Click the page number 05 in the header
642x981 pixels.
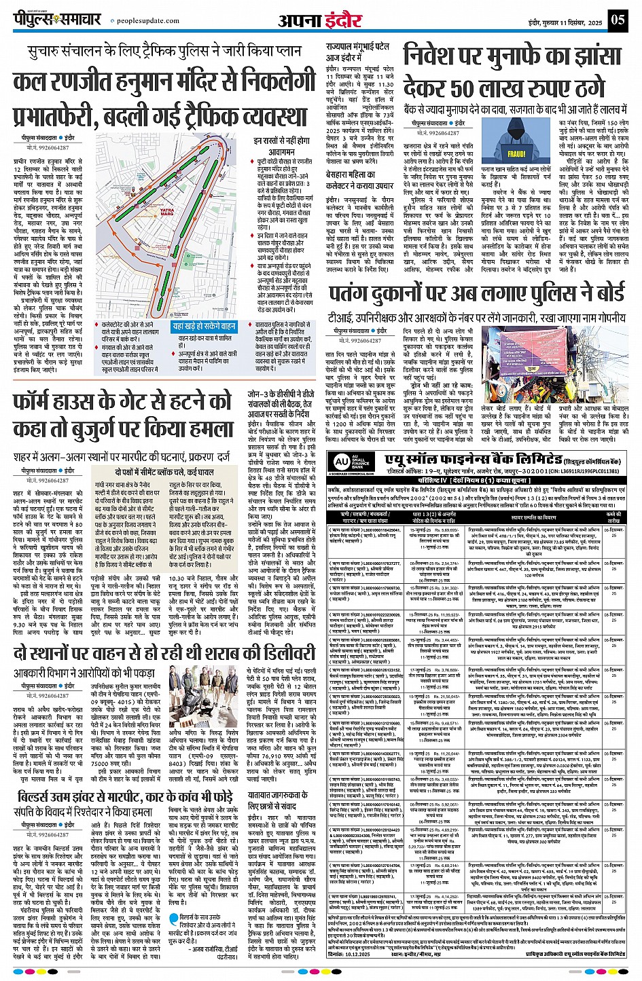[617, 19]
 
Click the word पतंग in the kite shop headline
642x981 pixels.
[353, 294]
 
